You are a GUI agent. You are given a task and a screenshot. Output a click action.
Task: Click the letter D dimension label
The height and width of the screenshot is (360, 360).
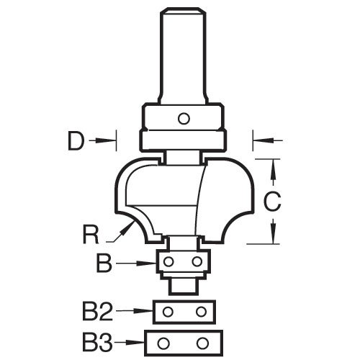point(76,141)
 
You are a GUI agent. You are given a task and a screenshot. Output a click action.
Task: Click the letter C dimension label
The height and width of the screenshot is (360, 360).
point(272,202)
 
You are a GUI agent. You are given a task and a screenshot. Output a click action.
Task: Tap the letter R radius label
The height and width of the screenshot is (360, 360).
point(91,234)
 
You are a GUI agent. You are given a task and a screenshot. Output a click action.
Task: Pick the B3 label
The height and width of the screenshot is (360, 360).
point(98,341)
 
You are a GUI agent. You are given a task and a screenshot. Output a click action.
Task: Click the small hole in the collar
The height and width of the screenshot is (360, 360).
point(184,119)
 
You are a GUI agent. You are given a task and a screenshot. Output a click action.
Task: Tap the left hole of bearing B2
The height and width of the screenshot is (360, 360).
point(168,312)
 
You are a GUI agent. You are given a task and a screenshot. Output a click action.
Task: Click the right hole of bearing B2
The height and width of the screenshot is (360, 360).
point(201,312)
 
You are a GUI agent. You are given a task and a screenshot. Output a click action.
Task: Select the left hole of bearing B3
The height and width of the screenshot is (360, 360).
point(163,342)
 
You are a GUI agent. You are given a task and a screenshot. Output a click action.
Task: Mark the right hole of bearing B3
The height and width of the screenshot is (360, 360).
point(202,342)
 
